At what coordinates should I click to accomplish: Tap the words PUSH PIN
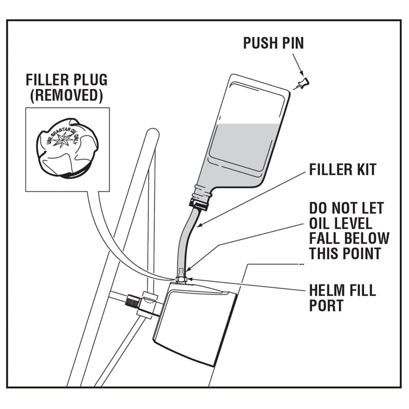coord(273,43)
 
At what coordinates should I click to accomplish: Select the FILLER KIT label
coord(343,170)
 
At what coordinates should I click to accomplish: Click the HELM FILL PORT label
coord(343,298)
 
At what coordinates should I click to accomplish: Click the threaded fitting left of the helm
coord(133,301)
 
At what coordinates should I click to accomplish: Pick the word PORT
coord(327,305)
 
